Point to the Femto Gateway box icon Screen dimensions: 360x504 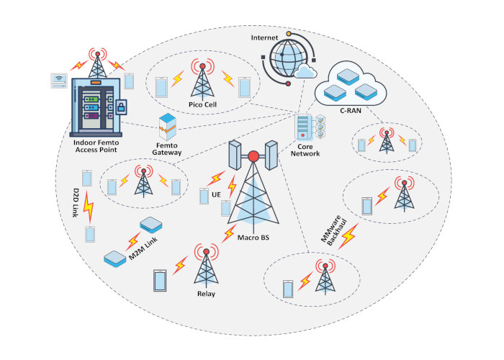(168, 127)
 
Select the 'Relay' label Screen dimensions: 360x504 (205, 294)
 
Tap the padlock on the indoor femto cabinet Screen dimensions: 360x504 (120, 107)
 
